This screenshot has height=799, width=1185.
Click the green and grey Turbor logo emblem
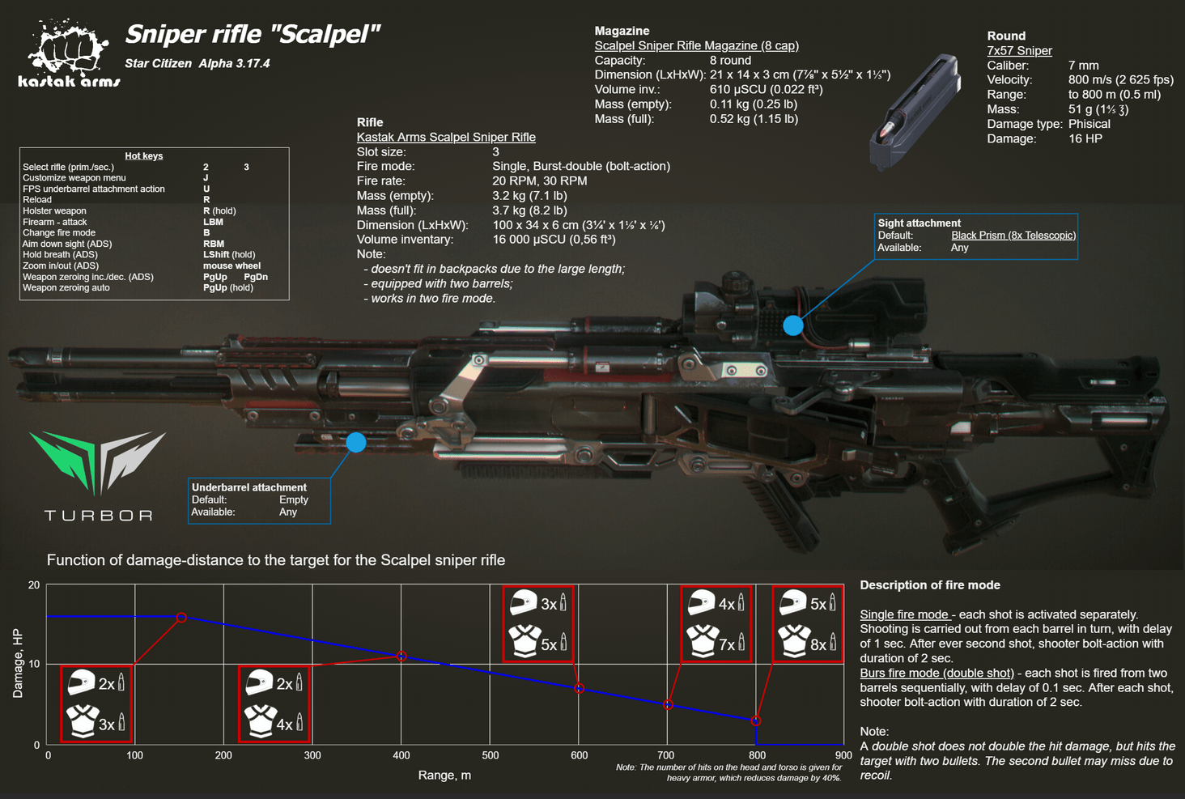coord(98,462)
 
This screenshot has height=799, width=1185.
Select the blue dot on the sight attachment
coord(793,325)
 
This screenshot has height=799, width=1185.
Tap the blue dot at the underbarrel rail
coord(356,442)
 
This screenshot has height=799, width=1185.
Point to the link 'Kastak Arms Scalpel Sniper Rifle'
coord(446,138)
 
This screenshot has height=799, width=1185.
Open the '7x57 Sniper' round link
coord(1019,51)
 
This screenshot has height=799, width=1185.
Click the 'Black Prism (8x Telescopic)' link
coord(1013,236)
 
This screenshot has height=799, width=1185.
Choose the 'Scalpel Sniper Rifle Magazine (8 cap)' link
coord(696,46)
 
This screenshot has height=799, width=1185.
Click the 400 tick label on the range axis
coord(401,755)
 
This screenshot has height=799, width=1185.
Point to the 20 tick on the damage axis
coord(33,585)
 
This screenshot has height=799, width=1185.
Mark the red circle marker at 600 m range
coord(579,688)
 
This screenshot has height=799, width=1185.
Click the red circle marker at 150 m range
coord(181,618)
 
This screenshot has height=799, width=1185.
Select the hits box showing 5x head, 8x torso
coord(808,624)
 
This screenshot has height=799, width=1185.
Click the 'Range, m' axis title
coord(444,776)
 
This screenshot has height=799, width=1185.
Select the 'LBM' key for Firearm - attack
coord(213,222)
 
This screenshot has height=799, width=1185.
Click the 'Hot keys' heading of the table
coord(144,156)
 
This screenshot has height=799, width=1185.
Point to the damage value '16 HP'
coord(1085,138)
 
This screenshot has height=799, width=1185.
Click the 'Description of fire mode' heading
coord(929,585)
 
